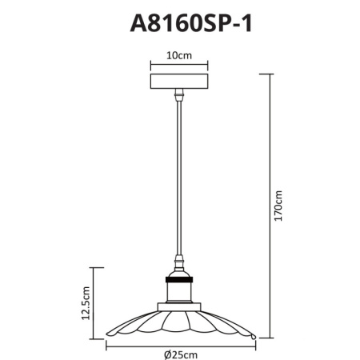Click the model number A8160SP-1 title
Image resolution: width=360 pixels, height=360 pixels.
click(190, 23)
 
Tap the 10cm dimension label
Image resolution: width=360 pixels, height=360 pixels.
click(179, 56)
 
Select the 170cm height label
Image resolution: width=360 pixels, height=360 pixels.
click(278, 206)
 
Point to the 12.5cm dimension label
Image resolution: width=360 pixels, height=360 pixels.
click(86, 303)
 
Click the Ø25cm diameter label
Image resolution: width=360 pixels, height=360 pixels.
click(181, 355)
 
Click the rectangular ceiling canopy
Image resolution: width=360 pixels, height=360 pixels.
click(179, 82)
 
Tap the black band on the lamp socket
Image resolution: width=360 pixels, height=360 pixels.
click(179, 280)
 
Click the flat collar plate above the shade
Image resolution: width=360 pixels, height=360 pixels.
click(179, 307)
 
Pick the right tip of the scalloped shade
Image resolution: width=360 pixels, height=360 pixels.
click(254, 337)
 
